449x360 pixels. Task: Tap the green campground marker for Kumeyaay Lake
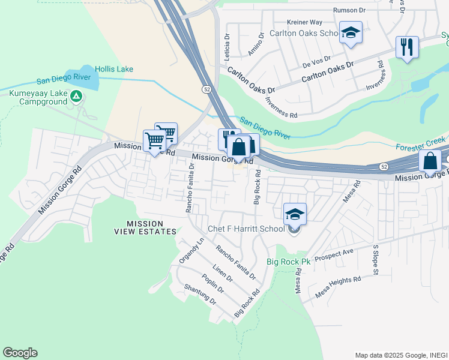[x=76, y=96]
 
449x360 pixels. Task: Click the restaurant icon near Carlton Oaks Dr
[x=407, y=47]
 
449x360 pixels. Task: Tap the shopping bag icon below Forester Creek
[x=430, y=161]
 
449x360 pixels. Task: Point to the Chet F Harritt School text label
[x=246, y=229]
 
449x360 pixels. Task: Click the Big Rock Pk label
[x=288, y=262]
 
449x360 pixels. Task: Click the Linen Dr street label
[x=222, y=272]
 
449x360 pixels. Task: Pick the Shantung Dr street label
[x=199, y=294]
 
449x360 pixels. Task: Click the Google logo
[x=20, y=353]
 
